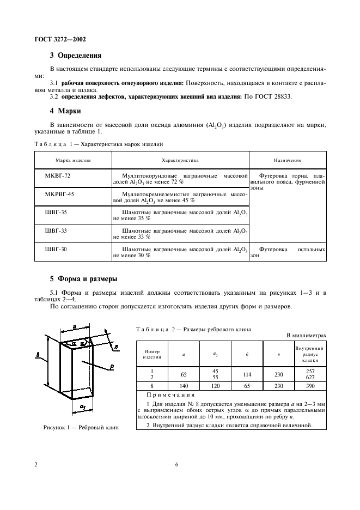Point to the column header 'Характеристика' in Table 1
point(180,161)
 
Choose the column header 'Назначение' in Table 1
point(288,161)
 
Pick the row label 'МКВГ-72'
point(57,177)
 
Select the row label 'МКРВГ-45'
point(59,194)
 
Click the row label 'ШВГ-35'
point(55,212)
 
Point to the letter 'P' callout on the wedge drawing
point(111,368)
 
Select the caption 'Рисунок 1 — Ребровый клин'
point(81,427)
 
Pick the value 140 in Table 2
point(183,385)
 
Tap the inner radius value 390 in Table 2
point(309,385)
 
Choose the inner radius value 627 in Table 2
point(309,377)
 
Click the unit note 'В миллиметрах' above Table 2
point(307,336)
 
